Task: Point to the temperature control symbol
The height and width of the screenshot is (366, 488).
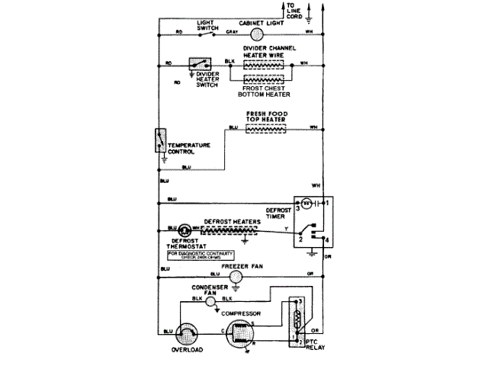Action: pyautogui.click(x=160, y=142)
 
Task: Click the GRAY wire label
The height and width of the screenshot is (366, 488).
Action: pyautogui.click(x=233, y=32)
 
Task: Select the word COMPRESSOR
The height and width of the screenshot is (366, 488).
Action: pyautogui.click(x=242, y=313)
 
